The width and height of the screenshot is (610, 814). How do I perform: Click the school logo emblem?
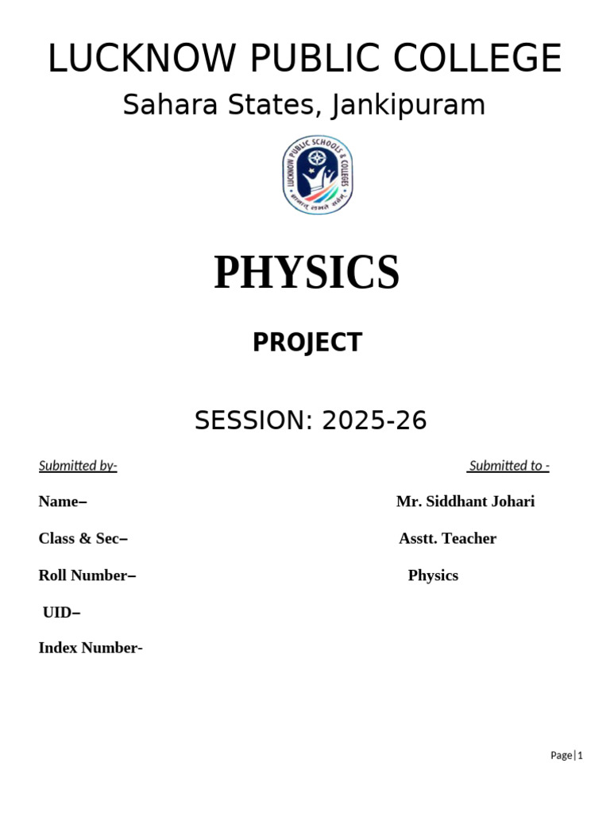(x=316, y=176)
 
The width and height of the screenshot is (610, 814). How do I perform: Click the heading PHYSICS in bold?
(x=307, y=272)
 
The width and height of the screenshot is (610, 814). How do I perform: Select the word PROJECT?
(x=307, y=343)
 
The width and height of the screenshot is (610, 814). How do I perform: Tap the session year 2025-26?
(x=374, y=421)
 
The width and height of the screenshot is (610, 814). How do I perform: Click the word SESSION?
(x=253, y=421)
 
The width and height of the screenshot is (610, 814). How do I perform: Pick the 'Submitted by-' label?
(x=78, y=466)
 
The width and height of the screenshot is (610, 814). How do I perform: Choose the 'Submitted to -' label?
(x=508, y=466)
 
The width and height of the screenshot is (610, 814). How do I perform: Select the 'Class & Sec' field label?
(x=82, y=538)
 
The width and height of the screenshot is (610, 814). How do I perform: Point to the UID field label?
(x=60, y=611)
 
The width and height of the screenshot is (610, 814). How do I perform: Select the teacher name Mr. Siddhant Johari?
(x=465, y=502)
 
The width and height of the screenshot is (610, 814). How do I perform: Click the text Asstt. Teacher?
(x=447, y=538)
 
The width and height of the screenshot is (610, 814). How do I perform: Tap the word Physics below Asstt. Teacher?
(x=433, y=575)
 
